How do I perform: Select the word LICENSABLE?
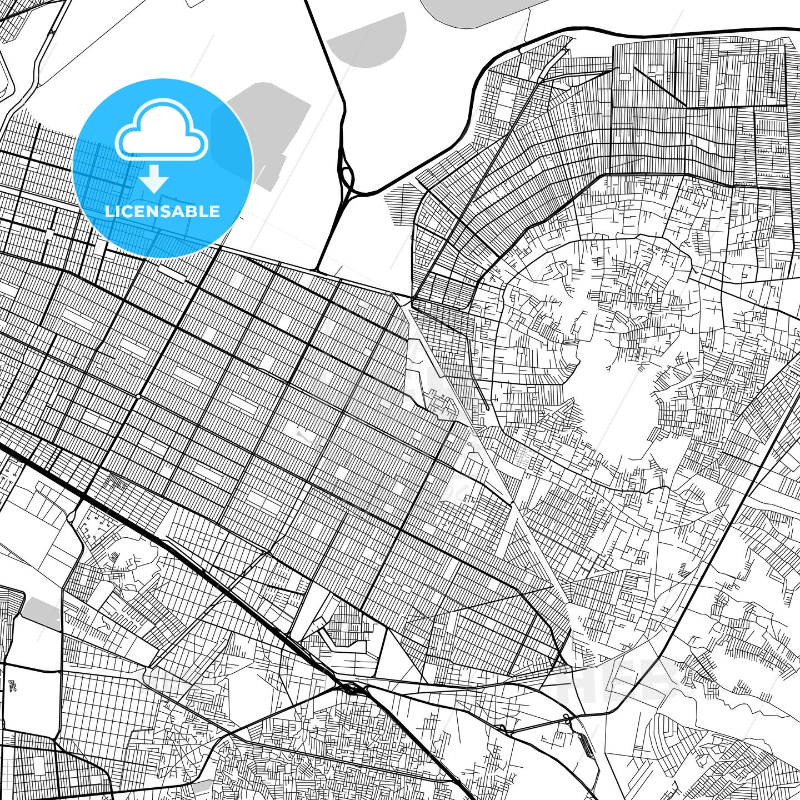pos(162,212)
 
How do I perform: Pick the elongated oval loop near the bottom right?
pos(584,744)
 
